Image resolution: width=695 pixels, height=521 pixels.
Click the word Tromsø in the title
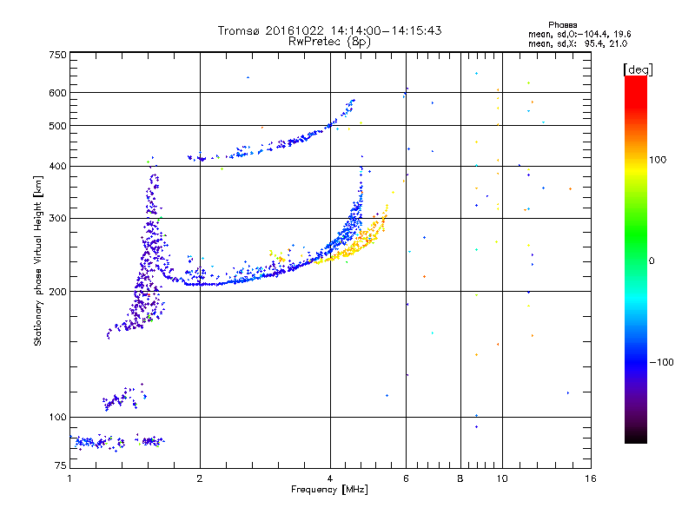click(238, 30)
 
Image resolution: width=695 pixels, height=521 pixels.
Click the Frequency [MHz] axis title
click(330, 491)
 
